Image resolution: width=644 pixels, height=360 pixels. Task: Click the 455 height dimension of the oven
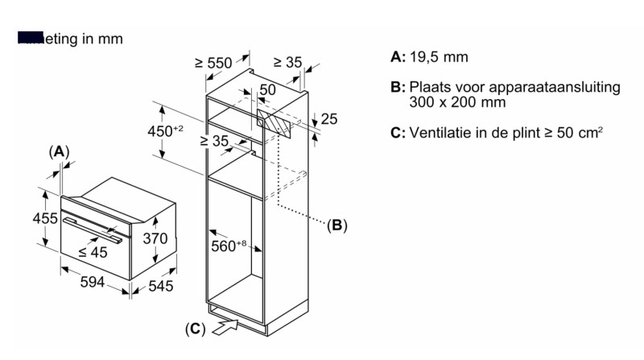[45, 219]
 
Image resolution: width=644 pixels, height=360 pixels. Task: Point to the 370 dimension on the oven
[155, 238]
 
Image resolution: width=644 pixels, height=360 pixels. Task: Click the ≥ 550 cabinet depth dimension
[213, 64]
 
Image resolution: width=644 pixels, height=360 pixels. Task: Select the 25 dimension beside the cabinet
[329, 120]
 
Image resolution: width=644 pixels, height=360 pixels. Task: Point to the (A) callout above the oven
[59, 151]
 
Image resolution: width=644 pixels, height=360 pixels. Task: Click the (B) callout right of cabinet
[336, 226]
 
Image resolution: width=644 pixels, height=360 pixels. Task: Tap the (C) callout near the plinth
[195, 328]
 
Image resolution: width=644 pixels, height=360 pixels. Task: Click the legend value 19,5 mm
[439, 57]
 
